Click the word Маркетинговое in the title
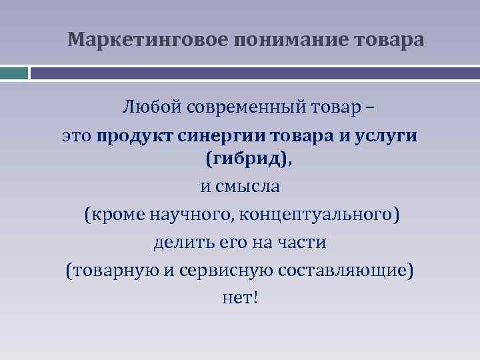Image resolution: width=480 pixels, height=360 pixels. pos(148,41)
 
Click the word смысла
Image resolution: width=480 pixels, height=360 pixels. pos(246,186)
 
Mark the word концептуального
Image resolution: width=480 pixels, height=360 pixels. pos(320,215)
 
